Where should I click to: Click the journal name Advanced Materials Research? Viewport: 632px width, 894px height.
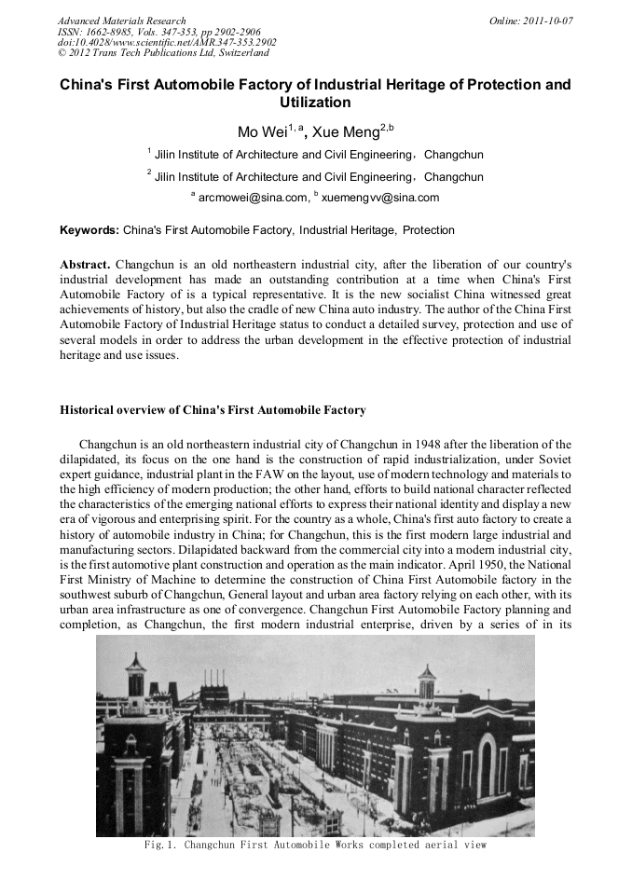pyautogui.click(x=121, y=21)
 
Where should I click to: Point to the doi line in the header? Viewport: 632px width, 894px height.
pyautogui.click(x=167, y=42)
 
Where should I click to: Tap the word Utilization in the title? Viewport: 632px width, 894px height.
pyautogui.click(x=315, y=103)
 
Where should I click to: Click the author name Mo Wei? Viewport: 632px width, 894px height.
pyautogui.click(x=262, y=132)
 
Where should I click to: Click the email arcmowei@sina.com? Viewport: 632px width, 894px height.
pyautogui.click(x=253, y=198)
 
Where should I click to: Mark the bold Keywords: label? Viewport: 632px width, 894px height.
pyautogui.click(x=89, y=230)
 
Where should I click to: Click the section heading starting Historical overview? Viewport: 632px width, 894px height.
pyautogui.click(x=213, y=410)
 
